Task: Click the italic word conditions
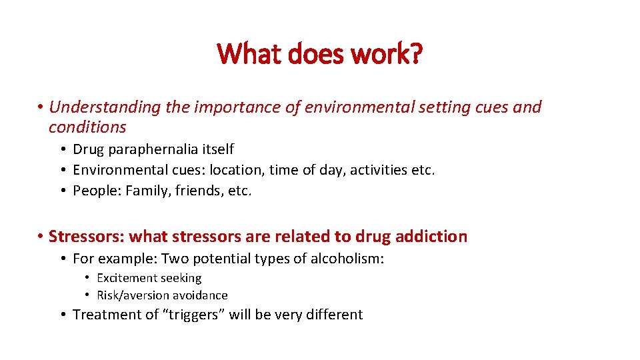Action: pyautogui.click(x=87, y=127)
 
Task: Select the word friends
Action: pyautogui.click(x=199, y=191)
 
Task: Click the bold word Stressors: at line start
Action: pyautogui.click(x=86, y=236)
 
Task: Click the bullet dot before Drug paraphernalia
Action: pyautogui.click(x=61, y=149)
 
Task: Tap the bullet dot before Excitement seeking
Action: pyautogui.click(x=87, y=278)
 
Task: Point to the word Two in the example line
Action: pyautogui.click(x=175, y=258)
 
